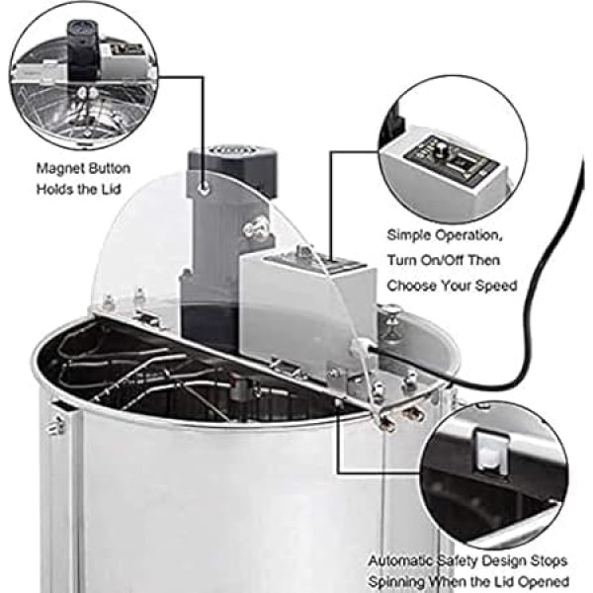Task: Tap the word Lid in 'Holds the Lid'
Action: [117, 188]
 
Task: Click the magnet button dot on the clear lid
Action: [204, 185]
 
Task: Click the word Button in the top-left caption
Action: [108, 169]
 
